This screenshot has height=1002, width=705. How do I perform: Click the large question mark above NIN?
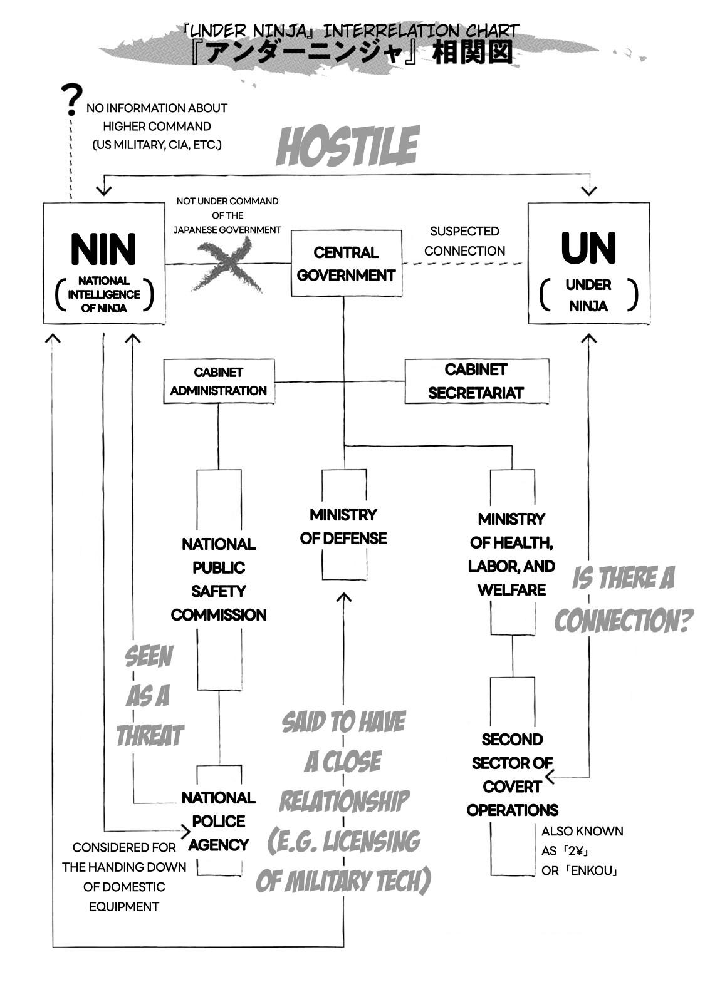tap(71, 100)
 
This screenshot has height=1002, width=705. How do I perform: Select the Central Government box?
tap(346, 263)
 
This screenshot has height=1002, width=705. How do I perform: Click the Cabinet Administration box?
tap(219, 381)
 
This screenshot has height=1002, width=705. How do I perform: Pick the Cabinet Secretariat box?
tap(476, 381)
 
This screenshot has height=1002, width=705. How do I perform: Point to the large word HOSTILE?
tap(347, 147)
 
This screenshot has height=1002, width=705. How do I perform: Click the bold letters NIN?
tap(103, 249)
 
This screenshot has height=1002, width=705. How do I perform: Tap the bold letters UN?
tap(588, 248)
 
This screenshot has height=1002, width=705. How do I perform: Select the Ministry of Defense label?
tap(343, 526)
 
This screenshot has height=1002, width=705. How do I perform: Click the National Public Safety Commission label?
tap(219, 579)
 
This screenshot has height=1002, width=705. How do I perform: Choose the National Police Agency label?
tap(219, 821)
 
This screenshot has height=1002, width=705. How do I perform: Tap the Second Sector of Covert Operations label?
tap(512, 775)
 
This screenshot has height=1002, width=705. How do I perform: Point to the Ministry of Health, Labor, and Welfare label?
tap(512, 554)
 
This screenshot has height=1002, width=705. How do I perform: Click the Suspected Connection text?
tap(464, 241)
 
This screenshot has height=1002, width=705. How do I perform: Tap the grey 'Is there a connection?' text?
tap(623, 599)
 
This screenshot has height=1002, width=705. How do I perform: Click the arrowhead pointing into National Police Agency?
tap(185, 832)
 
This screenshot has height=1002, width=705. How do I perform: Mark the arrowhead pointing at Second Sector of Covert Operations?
tap(550, 778)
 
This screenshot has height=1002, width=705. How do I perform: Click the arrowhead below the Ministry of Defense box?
tap(343, 597)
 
